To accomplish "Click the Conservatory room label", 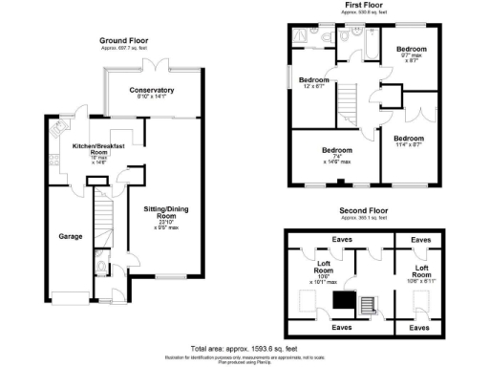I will tap(157, 90).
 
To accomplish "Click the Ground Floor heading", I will tap(124, 41).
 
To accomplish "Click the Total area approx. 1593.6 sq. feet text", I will tap(244, 348).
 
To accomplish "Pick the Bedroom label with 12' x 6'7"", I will tap(313, 80).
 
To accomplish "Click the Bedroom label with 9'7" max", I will tap(412, 49).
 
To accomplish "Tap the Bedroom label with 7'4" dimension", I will tap(337, 151).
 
